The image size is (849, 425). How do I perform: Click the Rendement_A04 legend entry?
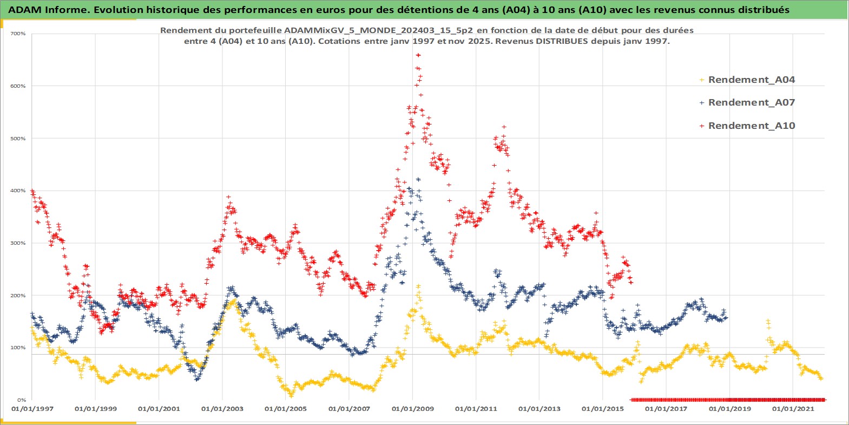pyautogui.click(x=751, y=80)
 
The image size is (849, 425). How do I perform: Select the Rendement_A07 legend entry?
pyautogui.click(x=751, y=102)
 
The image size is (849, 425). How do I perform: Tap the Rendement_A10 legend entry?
pyautogui.click(x=751, y=126)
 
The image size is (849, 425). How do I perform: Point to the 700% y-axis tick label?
pyautogui.click(x=18, y=34)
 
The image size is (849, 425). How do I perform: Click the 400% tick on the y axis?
pyautogui.click(x=18, y=191)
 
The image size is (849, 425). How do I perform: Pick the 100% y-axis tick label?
pyautogui.click(x=18, y=348)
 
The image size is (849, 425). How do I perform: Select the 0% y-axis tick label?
pyautogui.click(x=22, y=400)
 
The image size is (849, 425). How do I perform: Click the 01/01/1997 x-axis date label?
pyautogui.click(x=32, y=409)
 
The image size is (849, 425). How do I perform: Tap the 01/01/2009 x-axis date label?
pyautogui.click(x=412, y=409)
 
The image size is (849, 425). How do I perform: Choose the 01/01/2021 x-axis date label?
pyautogui.click(x=793, y=409)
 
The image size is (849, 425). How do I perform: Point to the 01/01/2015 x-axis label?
pyautogui.click(x=603, y=409)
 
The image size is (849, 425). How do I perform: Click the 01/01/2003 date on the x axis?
pyautogui.click(x=222, y=409)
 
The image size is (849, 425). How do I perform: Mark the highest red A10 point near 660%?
pyautogui.click(x=418, y=55)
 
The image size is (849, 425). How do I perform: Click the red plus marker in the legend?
pyautogui.click(x=701, y=126)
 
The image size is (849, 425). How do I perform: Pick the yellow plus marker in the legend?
pyautogui.click(x=701, y=80)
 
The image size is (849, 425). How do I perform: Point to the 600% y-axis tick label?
pyautogui.click(x=18, y=86)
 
